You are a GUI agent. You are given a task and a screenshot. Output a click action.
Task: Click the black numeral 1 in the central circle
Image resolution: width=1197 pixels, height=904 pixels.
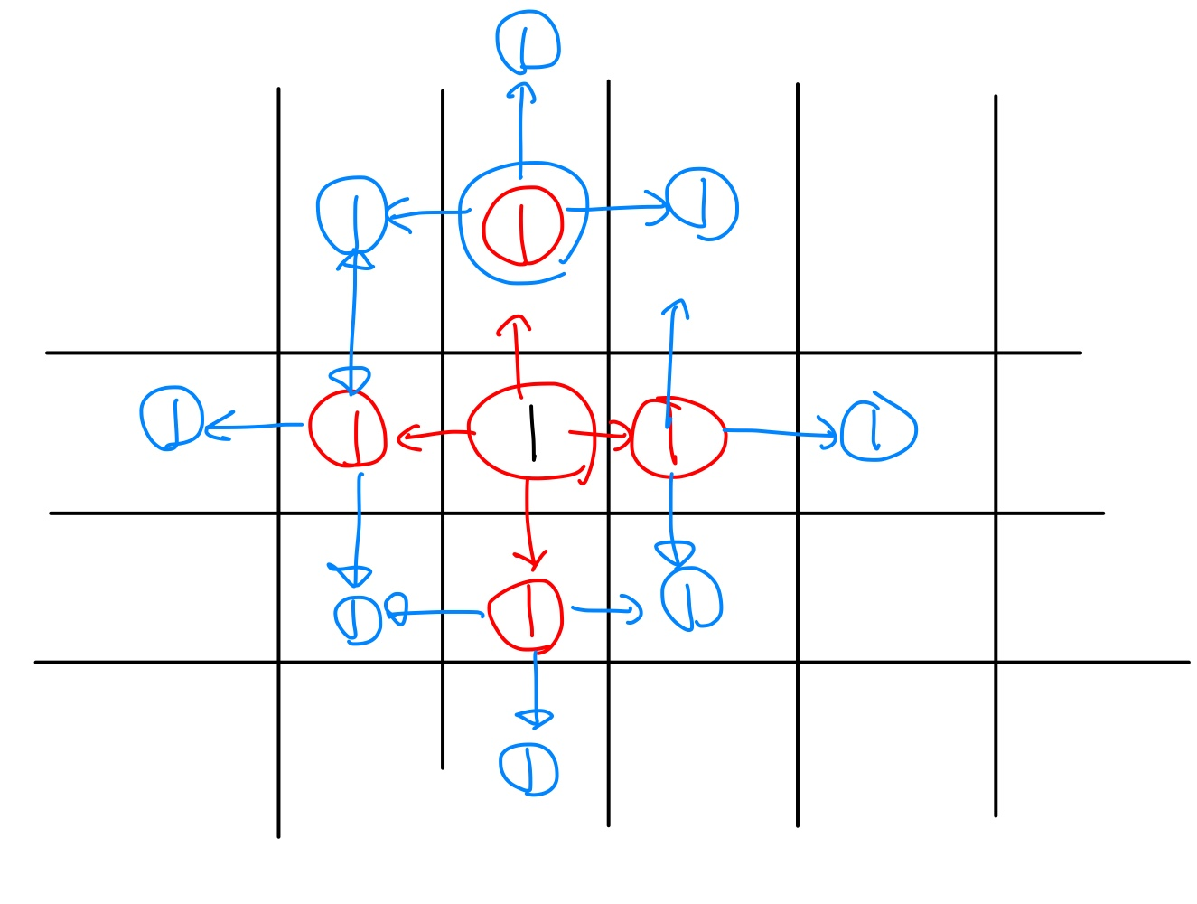coord(532,433)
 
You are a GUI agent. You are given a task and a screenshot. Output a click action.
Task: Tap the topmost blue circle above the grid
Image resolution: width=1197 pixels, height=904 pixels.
coord(528,42)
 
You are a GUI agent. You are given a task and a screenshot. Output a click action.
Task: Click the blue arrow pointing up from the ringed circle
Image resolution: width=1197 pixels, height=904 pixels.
coord(520,127)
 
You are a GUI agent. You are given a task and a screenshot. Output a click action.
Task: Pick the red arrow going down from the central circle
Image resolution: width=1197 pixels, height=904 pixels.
coord(530,524)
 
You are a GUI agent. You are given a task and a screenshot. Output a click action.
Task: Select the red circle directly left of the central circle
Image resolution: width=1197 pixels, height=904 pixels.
coord(348,429)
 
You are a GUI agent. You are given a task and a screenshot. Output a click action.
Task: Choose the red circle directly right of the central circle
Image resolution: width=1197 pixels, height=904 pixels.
coord(677,437)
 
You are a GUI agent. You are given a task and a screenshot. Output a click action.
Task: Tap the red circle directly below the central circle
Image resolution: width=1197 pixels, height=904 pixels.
coord(527,615)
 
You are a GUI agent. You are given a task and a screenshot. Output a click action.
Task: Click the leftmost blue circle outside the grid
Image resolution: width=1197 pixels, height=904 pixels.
coord(172,419)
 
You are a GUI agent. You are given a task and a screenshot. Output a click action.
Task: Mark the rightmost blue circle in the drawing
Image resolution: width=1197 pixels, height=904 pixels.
coord(877,429)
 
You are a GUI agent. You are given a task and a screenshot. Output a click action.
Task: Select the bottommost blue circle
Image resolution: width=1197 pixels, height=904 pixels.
coord(529,769)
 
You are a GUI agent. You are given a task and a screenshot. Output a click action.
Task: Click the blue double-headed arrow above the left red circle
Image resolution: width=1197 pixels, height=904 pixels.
coord(352,316)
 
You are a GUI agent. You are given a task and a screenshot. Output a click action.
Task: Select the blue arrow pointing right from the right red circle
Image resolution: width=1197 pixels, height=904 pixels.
coord(781,434)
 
